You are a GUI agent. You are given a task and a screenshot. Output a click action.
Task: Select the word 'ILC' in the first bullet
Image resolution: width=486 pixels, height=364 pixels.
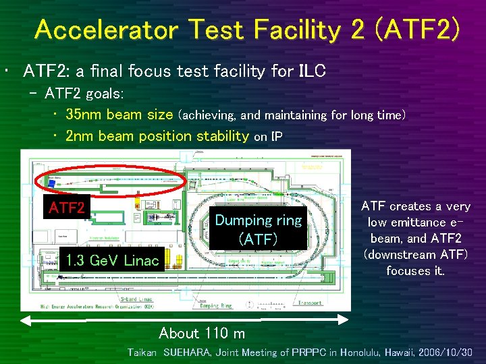[x=313, y=71]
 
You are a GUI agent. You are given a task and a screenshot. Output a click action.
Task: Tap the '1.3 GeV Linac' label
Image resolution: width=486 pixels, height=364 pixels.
[x=110, y=261]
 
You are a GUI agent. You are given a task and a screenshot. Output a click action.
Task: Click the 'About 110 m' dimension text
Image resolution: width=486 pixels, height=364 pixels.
[x=202, y=333]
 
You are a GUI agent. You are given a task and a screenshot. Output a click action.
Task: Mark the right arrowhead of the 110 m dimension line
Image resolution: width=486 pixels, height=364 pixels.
[x=346, y=318]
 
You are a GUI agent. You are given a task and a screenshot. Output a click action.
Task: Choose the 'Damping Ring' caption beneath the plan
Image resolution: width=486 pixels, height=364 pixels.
[x=215, y=305]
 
